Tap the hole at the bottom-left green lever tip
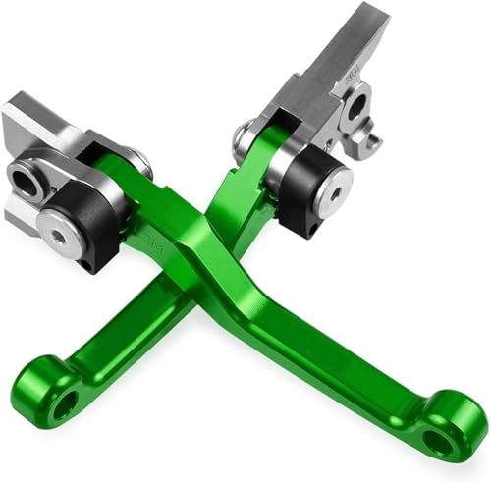click(x=66, y=403)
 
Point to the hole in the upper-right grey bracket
click(x=356, y=105)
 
